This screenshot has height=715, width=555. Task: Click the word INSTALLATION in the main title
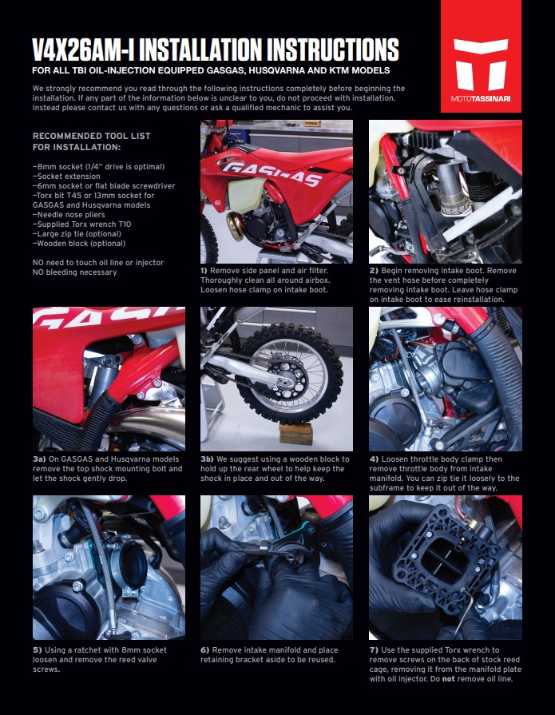coord(200,50)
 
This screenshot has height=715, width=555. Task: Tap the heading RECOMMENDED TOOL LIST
coord(92,136)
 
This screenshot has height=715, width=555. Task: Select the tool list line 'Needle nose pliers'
coord(69,215)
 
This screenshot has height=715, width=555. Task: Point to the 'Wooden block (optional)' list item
coord(79,244)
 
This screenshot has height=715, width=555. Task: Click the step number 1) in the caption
coord(204,271)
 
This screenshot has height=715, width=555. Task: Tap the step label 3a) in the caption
coord(39,459)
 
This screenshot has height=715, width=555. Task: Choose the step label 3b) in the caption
coord(208,459)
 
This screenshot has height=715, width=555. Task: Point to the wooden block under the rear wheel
coord(295,433)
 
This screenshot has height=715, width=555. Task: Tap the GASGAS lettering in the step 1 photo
coord(272,173)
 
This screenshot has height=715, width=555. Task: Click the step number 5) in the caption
coord(37,650)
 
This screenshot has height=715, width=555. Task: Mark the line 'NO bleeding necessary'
coord(75,272)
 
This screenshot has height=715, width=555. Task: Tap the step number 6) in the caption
coord(205,650)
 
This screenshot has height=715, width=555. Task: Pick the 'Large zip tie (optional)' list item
coord(77,234)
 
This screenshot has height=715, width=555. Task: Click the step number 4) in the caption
coord(374,459)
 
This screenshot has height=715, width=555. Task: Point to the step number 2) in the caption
coord(374,271)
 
